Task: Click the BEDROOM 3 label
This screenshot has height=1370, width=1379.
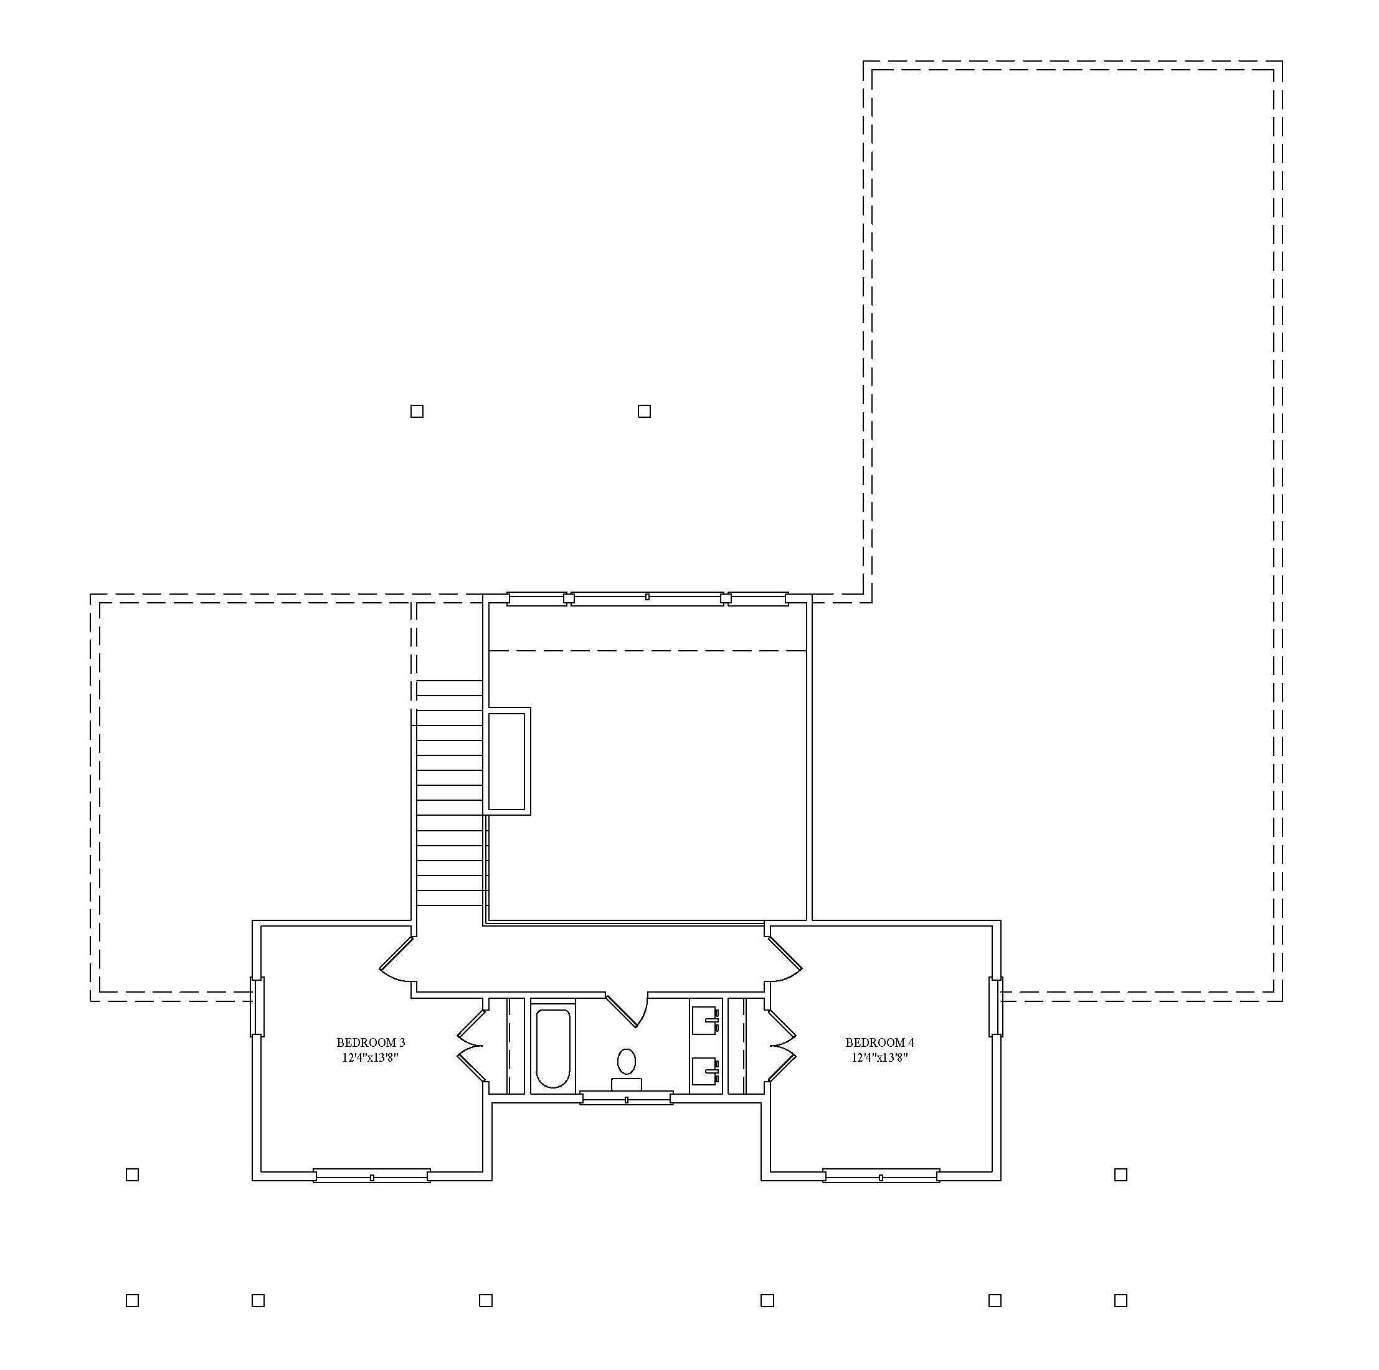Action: (x=371, y=1043)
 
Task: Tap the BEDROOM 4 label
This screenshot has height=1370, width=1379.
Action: (x=879, y=1043)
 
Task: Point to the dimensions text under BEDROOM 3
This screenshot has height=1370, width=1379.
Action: (x=370, y=1058)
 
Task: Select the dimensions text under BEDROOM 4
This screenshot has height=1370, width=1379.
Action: (x=879, y=1058)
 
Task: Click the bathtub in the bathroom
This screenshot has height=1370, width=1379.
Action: (x=552, y=1048)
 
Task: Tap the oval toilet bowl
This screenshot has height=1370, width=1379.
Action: (x=627, y=1062)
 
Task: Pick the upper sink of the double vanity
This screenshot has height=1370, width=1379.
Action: (x=706, y=1021)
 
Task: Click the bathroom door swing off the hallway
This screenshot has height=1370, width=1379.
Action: (x=628, y=1008)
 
